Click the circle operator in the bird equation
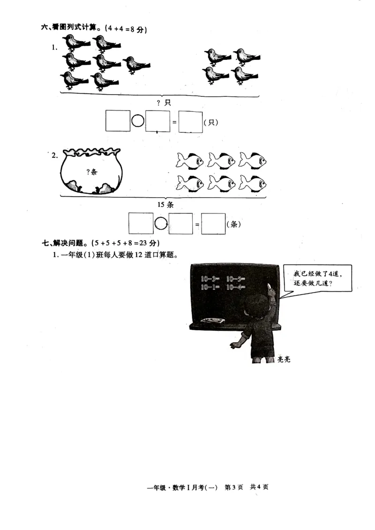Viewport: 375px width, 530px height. point(138,121)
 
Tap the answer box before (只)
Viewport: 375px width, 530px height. point(191,122)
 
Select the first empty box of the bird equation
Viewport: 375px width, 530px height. point(118,121)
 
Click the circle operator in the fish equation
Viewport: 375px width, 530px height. point(161,224)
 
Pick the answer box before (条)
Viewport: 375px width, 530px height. point(213,224)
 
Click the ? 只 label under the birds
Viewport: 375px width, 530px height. point(164,103)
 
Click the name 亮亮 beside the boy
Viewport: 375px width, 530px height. point(284,359)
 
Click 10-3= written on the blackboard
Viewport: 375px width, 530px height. point(210,279)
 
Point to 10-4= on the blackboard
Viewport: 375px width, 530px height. point(235,287)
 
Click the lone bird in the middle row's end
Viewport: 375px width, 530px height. point(136,65)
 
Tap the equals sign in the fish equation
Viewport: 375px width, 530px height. point(197,225)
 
